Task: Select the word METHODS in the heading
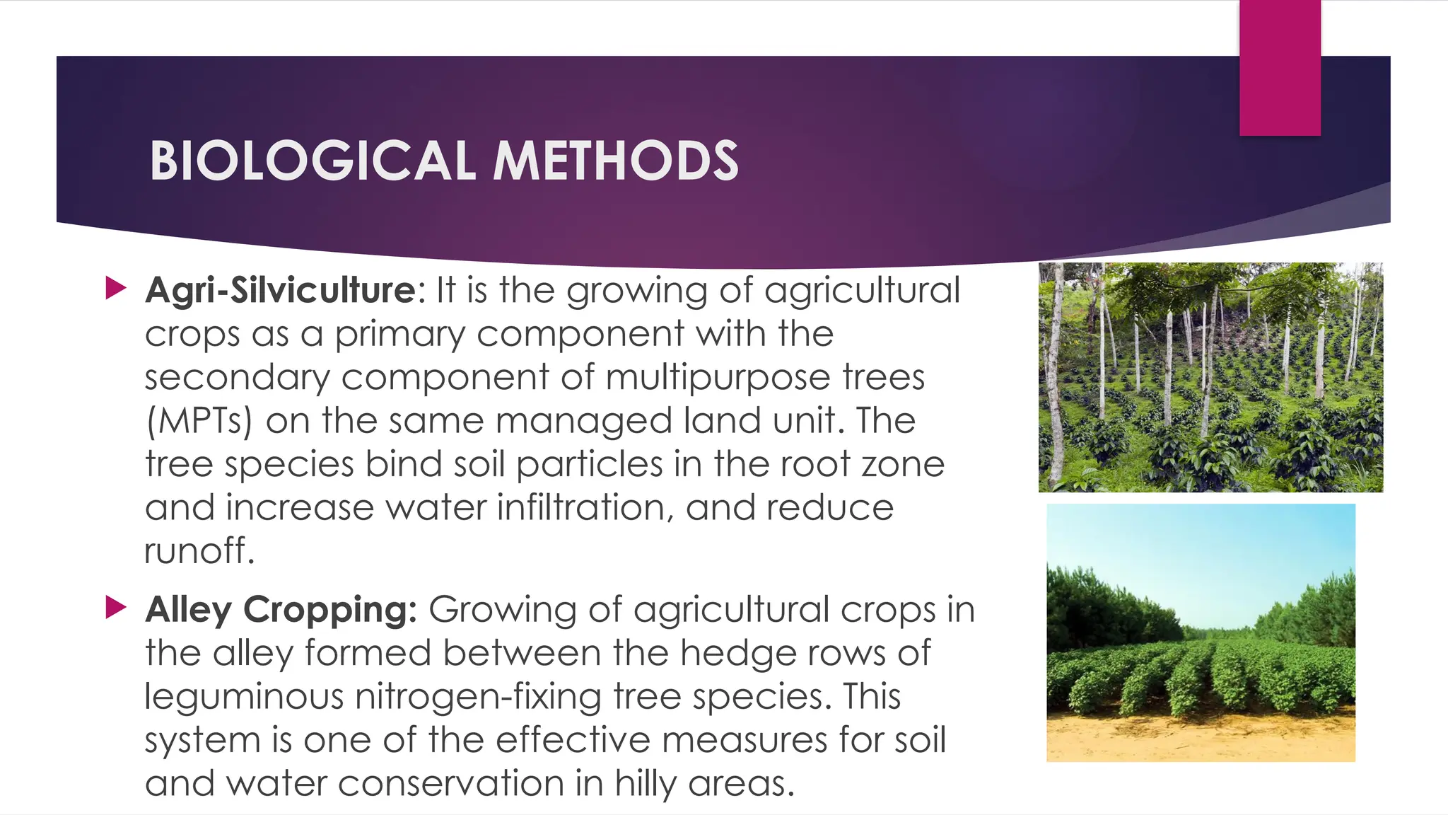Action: tap(615, 161)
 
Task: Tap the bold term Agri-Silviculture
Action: tap(281, 290)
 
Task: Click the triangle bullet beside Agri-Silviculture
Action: tap(115, 288)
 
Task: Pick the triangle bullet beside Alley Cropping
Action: tap(115, 607)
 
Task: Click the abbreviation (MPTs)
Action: tap(199, 421)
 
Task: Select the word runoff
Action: tap(199, 551)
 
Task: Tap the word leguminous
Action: tap(244, 697)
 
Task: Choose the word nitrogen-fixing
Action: tap(478, 697)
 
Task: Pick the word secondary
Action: tap(237, 377)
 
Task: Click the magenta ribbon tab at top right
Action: tap(1280, 67)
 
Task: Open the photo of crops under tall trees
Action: tap(1210, 377)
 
